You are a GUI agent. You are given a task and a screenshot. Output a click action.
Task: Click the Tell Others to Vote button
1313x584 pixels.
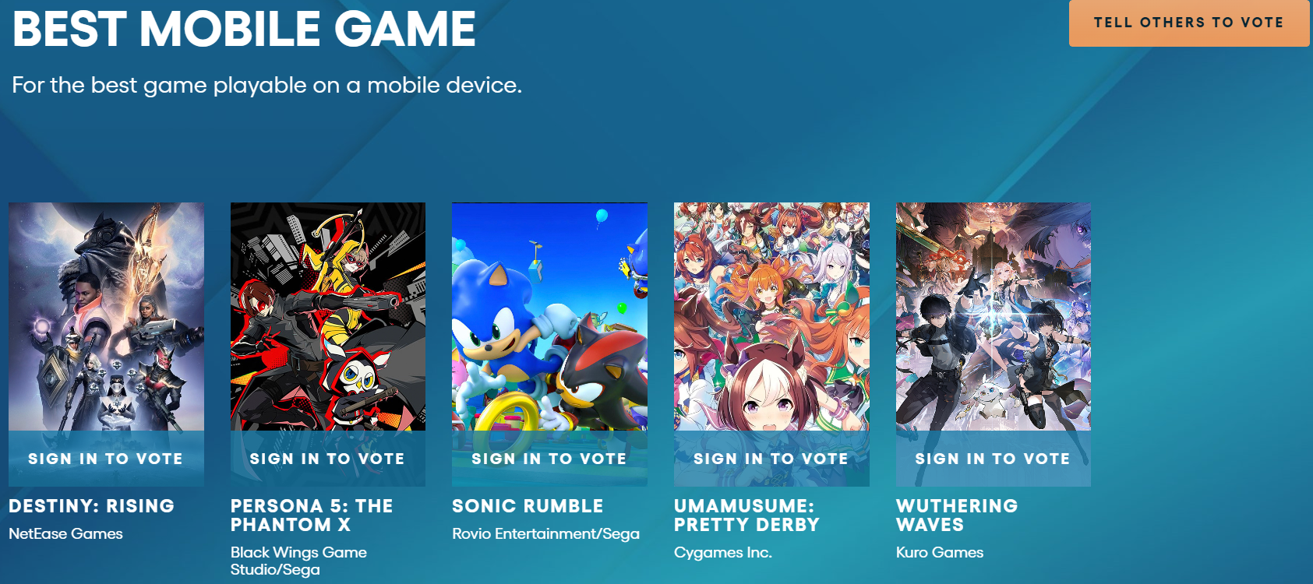[x=1190, y=23]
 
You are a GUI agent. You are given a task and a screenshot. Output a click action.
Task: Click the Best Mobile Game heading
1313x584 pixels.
[x=244, y=29]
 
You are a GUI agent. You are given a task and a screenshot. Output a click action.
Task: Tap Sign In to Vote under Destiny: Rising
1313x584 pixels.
[x=106, y=459]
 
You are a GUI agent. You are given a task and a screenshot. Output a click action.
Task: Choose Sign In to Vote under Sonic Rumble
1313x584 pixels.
[x=549, y=459]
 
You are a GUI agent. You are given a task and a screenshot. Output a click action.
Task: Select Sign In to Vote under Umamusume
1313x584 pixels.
[x=771, y=459]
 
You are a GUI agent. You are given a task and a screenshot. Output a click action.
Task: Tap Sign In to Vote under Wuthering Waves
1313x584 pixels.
[x=993, y=459]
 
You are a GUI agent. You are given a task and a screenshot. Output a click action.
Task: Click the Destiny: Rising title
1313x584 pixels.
[x=91, y=506]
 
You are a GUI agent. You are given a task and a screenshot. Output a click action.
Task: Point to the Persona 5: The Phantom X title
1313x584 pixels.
[x=312, y=515]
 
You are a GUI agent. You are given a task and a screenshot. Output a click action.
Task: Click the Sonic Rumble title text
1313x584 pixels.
[x=528, y=506]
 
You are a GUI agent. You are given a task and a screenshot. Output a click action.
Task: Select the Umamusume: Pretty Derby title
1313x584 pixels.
[x=747, y=515]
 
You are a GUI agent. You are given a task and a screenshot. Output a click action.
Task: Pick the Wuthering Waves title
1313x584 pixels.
[x=957, y=515]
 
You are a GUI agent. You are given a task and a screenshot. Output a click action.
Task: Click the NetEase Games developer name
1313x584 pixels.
[x=65, y=533]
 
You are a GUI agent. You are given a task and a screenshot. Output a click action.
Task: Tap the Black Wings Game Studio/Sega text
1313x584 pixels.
[x=299, y=561]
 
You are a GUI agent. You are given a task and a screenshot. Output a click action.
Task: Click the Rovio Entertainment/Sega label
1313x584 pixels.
[x=545, y=533]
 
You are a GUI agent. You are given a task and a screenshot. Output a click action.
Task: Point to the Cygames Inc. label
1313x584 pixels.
[x=723, y=552]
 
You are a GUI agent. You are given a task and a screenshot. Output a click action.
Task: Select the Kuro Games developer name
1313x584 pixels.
[x=940, y=552]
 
